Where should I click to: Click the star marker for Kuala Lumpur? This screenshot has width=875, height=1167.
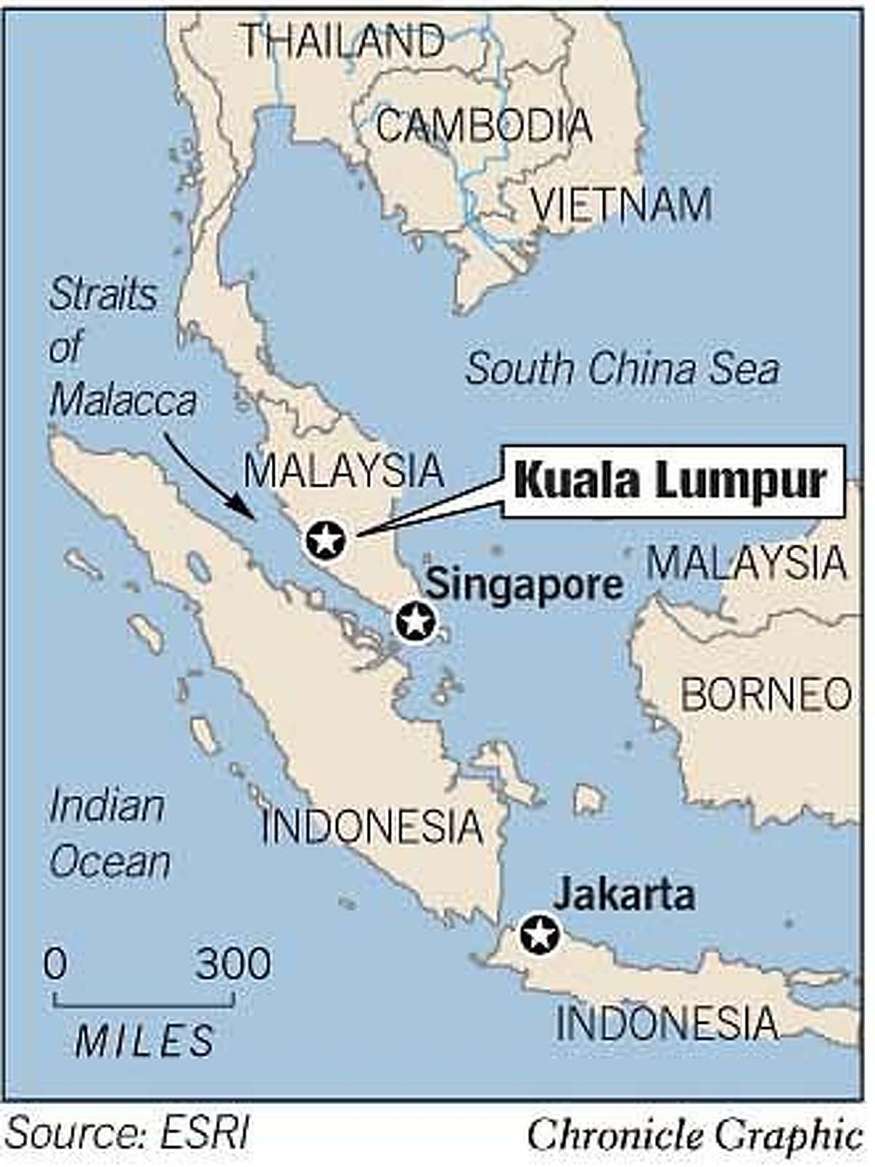point(324,542)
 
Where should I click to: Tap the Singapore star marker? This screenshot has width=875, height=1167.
point(415,622)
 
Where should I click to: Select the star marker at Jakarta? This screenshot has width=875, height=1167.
point(540,933)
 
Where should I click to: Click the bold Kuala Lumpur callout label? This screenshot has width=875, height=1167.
point(670,482)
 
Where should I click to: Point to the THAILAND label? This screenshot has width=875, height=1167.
point(342,41)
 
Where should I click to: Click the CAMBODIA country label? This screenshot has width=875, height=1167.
point(483,126)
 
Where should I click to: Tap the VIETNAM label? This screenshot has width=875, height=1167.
point(621,205)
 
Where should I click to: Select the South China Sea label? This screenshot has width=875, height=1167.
point(622,369)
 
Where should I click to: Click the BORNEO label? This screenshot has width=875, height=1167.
point(765,694)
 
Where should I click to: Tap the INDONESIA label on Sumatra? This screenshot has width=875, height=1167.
point(372,827)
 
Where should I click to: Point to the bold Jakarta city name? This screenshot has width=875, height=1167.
point(623,895)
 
